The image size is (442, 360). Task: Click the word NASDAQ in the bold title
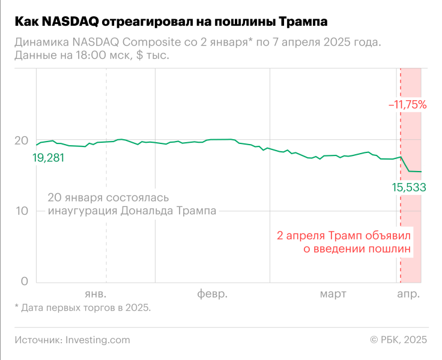(71, 22)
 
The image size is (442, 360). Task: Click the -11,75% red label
(407, 104)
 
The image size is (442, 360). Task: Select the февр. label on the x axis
(213, 294)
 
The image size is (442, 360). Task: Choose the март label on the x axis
(333, 294)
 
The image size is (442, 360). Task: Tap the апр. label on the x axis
(409, 294)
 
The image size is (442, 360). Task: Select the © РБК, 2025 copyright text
(398, 340)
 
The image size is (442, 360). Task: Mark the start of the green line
(36, 145)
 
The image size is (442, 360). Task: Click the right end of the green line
(421, 172)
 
